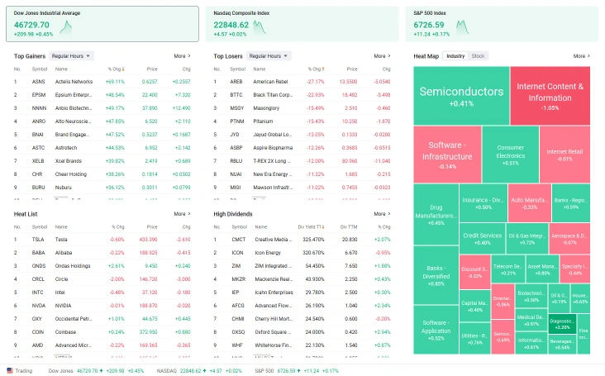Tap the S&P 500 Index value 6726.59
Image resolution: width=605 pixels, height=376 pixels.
coord(432,25)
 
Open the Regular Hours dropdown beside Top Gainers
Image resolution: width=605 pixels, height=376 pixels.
coord(71,56)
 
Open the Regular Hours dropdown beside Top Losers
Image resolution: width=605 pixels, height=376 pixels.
coord(270,56)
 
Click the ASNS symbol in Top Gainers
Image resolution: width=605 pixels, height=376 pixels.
coord(39,82)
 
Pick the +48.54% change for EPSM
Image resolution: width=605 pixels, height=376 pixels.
coord(114,94)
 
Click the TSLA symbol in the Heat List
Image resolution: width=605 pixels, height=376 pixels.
coord(38,239)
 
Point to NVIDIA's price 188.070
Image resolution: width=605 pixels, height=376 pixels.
coord(150,305)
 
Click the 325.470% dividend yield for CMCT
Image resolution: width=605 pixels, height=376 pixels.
coord(313,239)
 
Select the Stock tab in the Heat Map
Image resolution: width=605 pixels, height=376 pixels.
coord(478,56)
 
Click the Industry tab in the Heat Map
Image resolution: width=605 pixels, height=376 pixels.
coord(455,56)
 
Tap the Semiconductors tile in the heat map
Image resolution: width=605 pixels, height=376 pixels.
coord(461,95)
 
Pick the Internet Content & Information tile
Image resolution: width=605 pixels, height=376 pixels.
coord(550,95)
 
